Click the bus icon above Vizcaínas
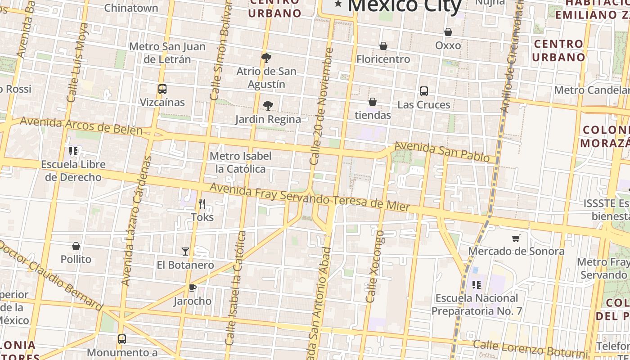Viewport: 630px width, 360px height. click(x=162, y=89)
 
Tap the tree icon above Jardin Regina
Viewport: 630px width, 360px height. click(x=268, y=106)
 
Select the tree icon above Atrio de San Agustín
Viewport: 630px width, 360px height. click(x=266, y=58)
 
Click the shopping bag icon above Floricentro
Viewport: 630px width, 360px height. click(x=383, y=46)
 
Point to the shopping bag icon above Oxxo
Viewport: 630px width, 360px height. click(x=448, y=32)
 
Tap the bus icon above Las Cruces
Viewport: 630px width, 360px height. click(x=424, y=91)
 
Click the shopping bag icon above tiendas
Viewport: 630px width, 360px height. click(x=373, y=102)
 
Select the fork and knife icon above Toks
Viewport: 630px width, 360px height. click(x=202, y=204)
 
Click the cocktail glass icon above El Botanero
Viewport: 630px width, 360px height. click(x=185, y=251)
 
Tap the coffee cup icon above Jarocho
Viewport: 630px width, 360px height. click(x=193, y=288)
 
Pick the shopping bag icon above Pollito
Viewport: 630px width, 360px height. click(x=76, y=246)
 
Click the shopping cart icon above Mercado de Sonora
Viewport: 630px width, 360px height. click(x=516, y=238)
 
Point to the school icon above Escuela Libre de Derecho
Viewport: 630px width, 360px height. click(x=73, y=151)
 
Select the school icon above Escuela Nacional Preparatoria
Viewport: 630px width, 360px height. click(x=477, y=284)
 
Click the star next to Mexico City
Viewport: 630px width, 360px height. click(x=338, y=5)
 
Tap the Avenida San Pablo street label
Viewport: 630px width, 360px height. click(x=442, y=152)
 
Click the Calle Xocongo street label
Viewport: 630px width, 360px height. click(x=375, y=266)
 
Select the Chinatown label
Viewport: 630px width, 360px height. click(x=131, y=8)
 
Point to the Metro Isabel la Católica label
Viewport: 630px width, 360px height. click(x=241, y=162)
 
